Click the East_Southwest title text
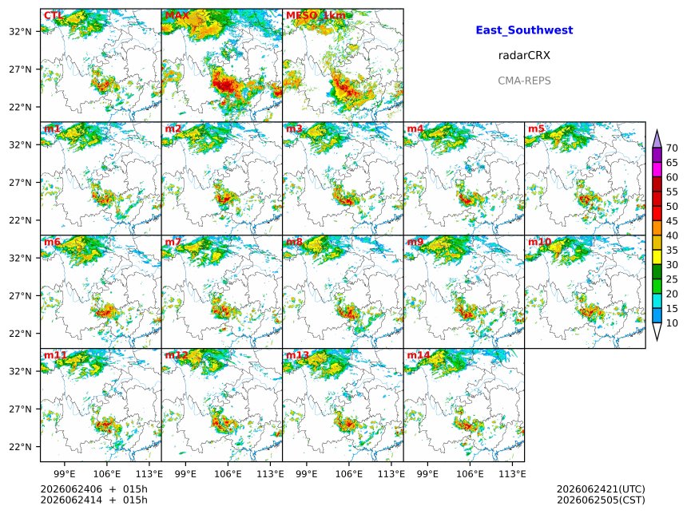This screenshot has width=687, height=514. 524,30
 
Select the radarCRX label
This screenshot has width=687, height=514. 524,55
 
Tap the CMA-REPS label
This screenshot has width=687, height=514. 524,81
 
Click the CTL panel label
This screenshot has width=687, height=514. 53,16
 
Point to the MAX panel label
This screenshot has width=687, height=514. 177,16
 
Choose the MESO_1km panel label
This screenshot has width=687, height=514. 316,16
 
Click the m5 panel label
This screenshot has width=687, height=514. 536,128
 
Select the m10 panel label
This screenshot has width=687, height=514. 539,242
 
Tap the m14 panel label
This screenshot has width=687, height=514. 419,355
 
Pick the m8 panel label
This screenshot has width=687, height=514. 294,242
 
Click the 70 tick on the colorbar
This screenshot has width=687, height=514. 672,148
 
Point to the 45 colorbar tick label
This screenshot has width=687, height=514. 672,220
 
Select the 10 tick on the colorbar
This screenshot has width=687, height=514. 672,323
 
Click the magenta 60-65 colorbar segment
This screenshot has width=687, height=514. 657,170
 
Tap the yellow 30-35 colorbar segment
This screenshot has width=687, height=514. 657,258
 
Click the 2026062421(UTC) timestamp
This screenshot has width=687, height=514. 601,489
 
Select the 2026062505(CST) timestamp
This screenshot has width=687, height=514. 601,500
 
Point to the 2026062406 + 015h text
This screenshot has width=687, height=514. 93,489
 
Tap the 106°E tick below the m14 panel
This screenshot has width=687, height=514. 471,474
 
